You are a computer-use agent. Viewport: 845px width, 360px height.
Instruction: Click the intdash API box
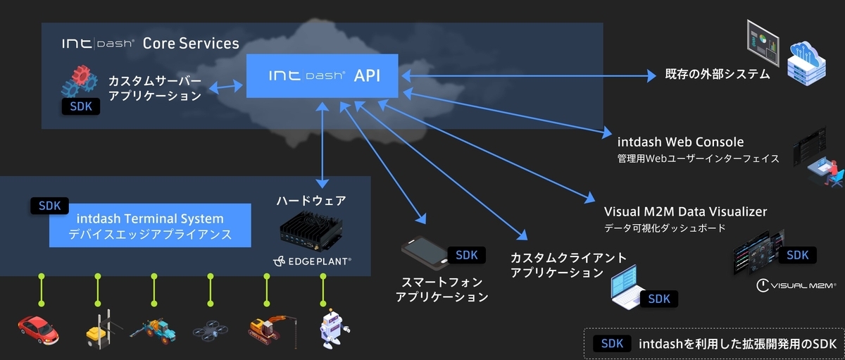(323, 76)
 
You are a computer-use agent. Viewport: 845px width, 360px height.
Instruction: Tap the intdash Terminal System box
(150, 225)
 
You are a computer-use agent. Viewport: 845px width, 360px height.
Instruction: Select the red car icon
(39, 330)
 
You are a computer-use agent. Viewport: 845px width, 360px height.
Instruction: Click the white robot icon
(334, 328)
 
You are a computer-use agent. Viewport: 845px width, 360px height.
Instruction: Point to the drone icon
(210, 330)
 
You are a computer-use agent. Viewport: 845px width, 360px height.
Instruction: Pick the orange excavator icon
(273, 331)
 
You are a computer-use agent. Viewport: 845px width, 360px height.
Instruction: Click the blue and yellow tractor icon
(154, 331)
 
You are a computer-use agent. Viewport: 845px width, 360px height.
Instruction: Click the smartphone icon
(425, 252)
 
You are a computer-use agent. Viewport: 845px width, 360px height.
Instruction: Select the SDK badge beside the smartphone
(467, 255)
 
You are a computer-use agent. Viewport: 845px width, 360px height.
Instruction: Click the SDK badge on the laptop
(659, 299)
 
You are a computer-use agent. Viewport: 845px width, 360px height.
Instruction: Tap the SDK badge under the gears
(81, 106)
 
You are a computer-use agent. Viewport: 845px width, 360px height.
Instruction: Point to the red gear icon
(81, 75)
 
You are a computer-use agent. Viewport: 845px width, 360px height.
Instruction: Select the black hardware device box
(311, 231)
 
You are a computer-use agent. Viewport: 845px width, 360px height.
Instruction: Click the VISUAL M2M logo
(796, 285)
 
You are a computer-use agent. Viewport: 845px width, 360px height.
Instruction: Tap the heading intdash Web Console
(680, 142)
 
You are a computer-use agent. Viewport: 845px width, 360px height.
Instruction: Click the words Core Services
(191, 44)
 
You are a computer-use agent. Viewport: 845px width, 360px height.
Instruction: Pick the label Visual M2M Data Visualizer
(685, 211)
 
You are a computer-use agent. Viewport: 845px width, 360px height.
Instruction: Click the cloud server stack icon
(806, 63)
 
